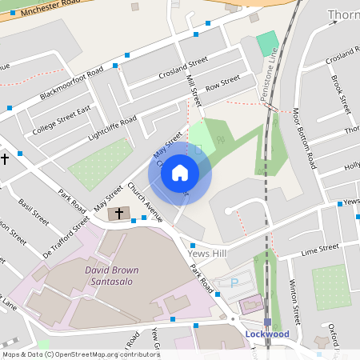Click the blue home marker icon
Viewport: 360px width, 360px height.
180,172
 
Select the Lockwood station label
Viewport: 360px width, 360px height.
267,333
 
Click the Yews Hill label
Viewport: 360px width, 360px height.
208,253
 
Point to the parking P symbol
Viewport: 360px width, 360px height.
234,282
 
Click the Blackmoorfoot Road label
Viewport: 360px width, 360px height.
73,84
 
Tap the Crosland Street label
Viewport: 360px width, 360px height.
183,66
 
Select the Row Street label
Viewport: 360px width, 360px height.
222,83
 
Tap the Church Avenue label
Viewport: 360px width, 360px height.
144,202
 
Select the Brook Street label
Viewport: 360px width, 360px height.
341,94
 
